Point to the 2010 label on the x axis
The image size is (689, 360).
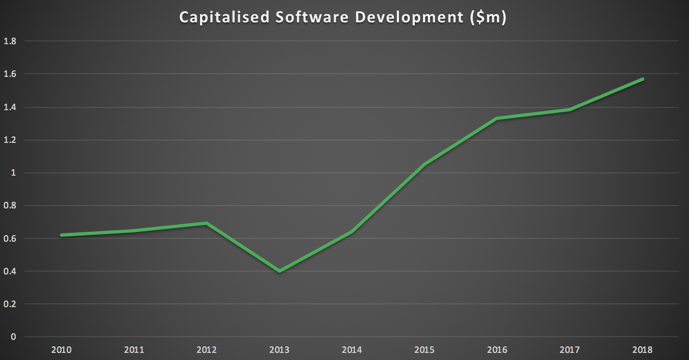(x=61, y=350)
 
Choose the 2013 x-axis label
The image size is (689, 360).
(x=279, y=350)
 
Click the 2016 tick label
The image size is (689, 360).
(x=497, y=350)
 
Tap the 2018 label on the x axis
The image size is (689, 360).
(x=643, y=350)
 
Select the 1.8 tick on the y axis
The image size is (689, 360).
(x=10, y=41)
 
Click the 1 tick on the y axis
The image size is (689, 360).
(x=13, y=173)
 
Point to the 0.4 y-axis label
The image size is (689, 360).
(x=10, y=271)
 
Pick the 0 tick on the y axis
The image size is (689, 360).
(x=13, y=337)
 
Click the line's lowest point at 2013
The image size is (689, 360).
(x=279, y=271)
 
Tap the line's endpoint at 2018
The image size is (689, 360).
(x=643, y=79)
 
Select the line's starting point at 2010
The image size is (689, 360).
(x=61, y=235)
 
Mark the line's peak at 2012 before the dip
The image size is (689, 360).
(x=207, y=223)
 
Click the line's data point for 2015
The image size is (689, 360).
(x=425, y=164)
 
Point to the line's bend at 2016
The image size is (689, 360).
(x=497, y=118)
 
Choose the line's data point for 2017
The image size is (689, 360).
(x=570, y=110)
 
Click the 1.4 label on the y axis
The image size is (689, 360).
(x=10, y=107)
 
